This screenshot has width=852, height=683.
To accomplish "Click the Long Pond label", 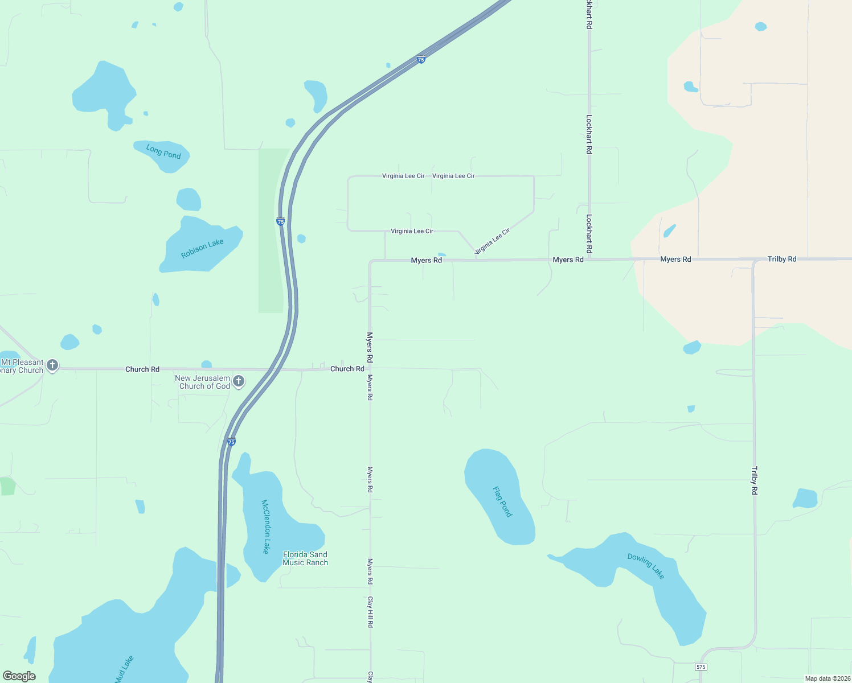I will tap(163, 152).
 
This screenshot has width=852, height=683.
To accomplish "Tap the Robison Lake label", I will tap(202, 248).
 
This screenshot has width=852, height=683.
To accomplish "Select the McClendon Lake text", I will tap(265, 526).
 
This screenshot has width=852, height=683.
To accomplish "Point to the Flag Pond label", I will tap(502, 501).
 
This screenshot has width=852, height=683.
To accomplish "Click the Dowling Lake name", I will tap(646, 566).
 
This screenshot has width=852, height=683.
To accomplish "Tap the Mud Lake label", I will tap(124, 668).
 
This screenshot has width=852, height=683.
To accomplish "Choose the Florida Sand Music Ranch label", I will tap(305, 558).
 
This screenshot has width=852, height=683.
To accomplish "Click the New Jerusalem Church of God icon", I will tap(239, 381).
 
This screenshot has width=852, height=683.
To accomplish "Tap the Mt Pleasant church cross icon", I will tap(52, 365).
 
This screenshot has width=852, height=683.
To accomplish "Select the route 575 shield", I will tap(701, 666).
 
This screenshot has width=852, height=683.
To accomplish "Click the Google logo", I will tap(19, 676).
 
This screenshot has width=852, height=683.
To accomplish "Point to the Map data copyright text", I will tap(828, 678).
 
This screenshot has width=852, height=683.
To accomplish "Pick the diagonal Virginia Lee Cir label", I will tap(492, 241).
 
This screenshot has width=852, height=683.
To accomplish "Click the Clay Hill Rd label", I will tap(370, 612).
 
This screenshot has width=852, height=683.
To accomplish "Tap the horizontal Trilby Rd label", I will tap(782, 259).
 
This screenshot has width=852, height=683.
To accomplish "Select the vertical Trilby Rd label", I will tap(755, 480).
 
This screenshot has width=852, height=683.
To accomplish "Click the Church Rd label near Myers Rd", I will tap(347, 369).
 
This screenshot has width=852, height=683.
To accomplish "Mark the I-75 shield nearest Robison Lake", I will tap(281, 221).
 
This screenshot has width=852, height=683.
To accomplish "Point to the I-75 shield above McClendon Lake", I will tap(231, 442).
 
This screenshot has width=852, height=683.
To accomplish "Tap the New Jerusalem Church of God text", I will tap(203, 382).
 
